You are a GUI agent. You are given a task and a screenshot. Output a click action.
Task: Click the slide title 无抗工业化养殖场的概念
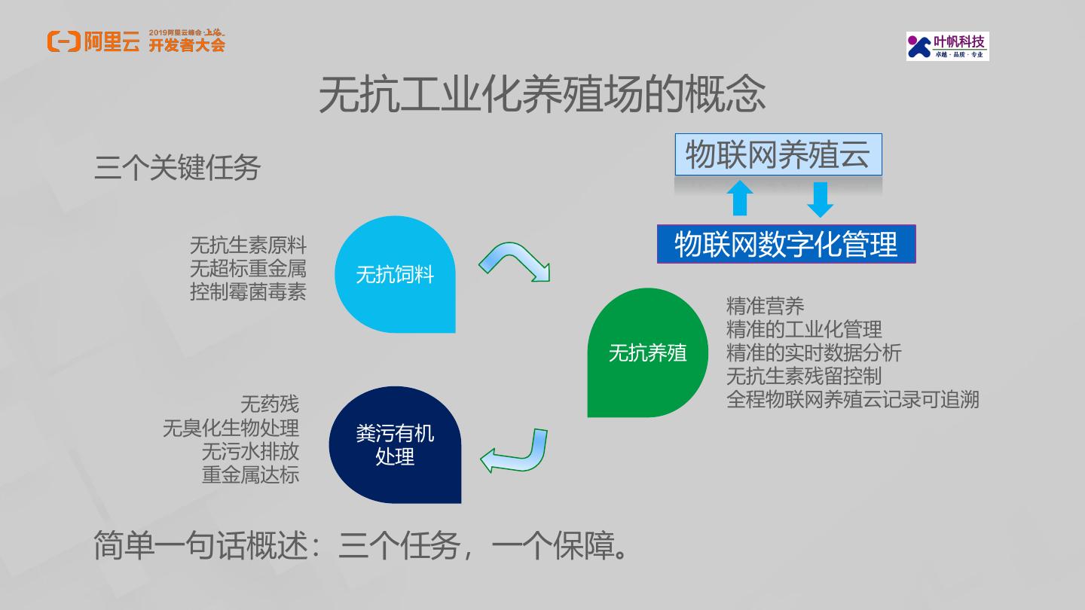coord(542,95)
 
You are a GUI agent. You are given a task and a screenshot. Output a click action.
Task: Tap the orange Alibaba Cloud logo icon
coord(63,42)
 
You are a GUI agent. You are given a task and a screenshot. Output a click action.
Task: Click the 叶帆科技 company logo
coord(947,46)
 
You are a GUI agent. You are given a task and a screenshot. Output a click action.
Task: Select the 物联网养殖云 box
coord(778,155)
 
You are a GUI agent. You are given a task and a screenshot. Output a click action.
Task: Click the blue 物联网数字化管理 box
coord(786,244)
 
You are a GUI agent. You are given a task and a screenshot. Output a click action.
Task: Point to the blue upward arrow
coord(740,198)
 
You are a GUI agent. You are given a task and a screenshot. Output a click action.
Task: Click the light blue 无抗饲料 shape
coord(395,275)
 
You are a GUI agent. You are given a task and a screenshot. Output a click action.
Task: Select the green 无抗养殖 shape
coord(647,352)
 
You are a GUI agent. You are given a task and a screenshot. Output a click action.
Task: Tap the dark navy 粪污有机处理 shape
coord(395,444)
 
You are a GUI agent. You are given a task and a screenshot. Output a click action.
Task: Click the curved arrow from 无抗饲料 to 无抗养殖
coord(515,261)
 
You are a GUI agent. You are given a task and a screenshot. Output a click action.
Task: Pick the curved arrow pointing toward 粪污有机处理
coord(514,452)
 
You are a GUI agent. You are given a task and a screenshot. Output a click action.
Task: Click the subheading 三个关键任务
coord(177,168)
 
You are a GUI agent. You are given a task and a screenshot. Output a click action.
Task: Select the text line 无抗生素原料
coord(248,246)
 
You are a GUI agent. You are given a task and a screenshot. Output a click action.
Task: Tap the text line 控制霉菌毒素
coord(248,291)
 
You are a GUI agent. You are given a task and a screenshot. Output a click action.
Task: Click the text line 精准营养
coord(765,306)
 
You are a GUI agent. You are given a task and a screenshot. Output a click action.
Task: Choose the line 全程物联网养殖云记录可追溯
coord(852,399)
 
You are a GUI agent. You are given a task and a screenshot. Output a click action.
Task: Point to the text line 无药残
coord(269,404)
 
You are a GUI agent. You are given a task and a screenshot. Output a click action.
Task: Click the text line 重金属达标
coord(250,474)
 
